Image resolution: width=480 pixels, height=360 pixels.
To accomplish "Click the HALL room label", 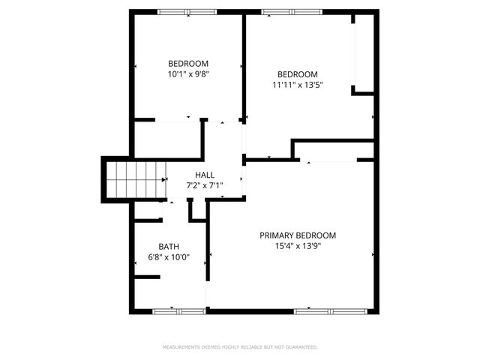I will pos(204,175).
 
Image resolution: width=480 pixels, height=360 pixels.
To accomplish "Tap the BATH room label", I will pos(169,247).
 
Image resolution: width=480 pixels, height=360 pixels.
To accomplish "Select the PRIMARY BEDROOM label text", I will pos(298,235).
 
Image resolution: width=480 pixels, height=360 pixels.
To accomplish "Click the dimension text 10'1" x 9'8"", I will pos(188,74).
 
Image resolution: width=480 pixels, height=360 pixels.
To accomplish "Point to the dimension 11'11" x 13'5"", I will pos(298,85).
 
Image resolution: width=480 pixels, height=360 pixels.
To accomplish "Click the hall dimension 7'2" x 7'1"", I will pos(204,185).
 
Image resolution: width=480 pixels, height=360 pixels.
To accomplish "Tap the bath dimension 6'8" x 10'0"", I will pos(169,257).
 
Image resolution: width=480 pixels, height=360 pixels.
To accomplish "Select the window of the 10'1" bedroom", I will pos(187,11).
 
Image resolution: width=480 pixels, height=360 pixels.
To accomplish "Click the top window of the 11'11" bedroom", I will pos(292,11).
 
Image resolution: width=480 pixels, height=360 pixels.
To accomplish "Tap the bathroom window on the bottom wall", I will pos(178,310).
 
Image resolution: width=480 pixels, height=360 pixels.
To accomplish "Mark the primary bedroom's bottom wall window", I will pos(328,310).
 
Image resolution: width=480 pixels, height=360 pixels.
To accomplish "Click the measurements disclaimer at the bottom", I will pos(240,347).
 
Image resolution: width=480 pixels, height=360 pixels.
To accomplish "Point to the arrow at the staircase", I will pos(163,179).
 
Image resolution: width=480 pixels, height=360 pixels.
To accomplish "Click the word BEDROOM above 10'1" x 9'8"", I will pos(188,64).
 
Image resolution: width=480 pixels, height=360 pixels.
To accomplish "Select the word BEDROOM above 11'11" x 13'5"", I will pos(298,74).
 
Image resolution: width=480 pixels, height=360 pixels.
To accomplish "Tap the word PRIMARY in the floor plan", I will pos(277,235).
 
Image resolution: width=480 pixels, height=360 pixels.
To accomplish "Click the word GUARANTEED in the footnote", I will pos(301,347).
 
